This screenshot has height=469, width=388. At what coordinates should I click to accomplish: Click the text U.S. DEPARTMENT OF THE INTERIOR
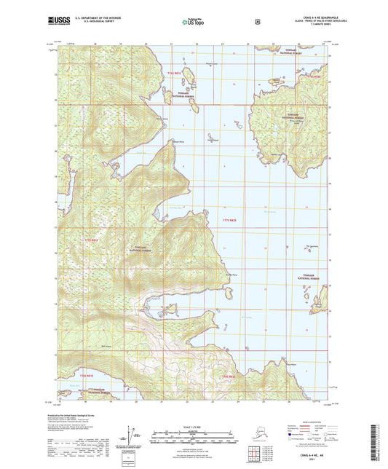point(92,19)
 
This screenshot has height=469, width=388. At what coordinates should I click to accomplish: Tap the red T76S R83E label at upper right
point(313,76)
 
